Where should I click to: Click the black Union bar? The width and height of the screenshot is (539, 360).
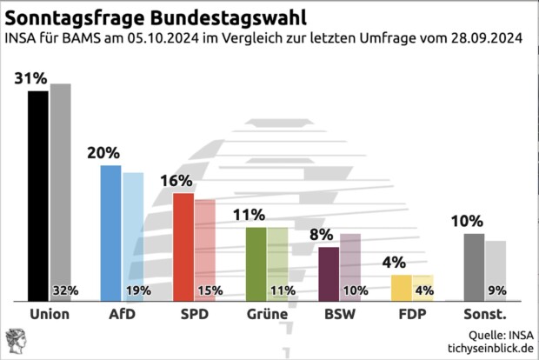(37, 195)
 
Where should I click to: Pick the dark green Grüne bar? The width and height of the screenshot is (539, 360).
(256, 263)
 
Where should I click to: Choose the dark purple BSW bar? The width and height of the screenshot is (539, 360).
(329, 273)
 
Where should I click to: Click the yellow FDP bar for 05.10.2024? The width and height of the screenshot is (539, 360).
(401, 287)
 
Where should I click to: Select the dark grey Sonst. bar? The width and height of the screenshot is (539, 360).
(474, 266)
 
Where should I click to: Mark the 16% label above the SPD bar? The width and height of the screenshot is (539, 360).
(176, 181)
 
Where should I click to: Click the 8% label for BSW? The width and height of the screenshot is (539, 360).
(322, 235)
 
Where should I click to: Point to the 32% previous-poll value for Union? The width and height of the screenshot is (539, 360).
(66, 290)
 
